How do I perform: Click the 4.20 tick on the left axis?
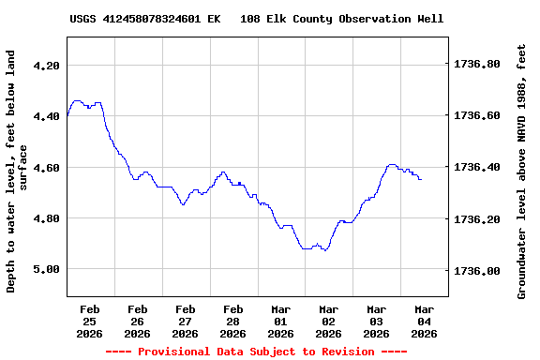click(46, 66)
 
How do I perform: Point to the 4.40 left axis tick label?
click(46, 116)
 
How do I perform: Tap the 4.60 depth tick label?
click(46, 167)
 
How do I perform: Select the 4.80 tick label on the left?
click(46, 218)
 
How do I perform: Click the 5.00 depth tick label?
click(46, 269)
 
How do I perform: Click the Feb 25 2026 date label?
click(90, 321)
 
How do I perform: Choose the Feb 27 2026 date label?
click(186, 321)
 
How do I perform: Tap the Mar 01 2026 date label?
click(281, 321)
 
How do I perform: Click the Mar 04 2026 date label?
click(425, 321)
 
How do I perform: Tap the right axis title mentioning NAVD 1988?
click(522, 171)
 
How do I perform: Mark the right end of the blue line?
click(421, 179)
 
